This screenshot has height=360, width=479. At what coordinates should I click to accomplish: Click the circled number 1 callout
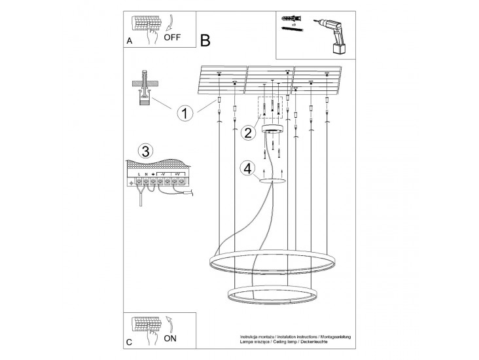185,113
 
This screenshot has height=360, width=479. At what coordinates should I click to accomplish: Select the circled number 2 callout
247,133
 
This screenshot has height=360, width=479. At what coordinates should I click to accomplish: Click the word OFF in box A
172,37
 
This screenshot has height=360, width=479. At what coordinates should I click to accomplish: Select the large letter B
205,41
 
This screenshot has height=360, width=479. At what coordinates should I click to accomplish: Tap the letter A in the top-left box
129,41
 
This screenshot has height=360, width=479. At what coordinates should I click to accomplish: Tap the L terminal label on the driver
139,173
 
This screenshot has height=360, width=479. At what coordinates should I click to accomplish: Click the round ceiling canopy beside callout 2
271,129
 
